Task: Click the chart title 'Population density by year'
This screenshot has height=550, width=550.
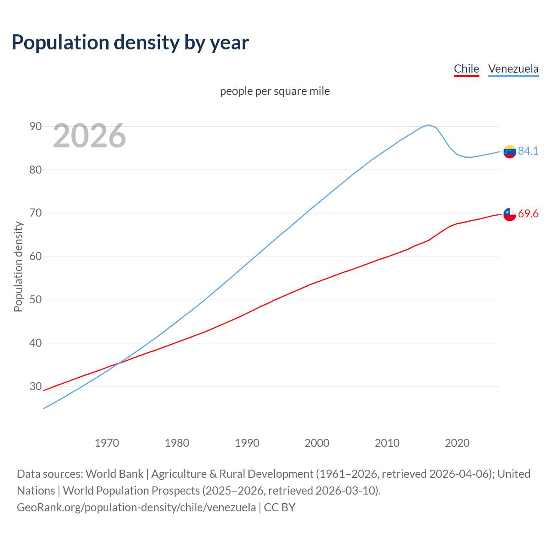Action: (130, 42)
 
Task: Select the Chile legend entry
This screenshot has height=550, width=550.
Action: (466, 69)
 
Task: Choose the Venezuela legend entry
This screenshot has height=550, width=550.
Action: (513, 69)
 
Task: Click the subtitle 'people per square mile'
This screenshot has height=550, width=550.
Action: (275, 91)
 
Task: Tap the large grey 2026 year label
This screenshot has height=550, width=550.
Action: (89, 136)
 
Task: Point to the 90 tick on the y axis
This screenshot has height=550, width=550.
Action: (36, 126)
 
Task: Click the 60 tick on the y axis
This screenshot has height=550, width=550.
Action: (36, 257)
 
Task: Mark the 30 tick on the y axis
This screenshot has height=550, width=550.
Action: (36, 386)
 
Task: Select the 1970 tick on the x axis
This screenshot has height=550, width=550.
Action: (107, 443)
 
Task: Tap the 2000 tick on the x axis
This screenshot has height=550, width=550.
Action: (317, 443)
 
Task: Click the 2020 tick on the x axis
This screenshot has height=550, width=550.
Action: (457, 443)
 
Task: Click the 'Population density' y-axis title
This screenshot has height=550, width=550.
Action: (18, 266)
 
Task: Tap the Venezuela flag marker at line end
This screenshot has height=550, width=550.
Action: (510, 152)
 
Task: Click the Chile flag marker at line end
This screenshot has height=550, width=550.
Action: (510, 214)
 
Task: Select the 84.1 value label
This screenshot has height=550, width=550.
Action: (528, 151)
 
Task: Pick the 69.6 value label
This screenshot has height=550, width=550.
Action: (528, 214)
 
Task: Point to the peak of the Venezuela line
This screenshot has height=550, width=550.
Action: (428, 125)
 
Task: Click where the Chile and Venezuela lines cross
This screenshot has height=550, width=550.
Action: (118, 364)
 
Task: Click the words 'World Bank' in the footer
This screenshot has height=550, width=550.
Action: (114, 474)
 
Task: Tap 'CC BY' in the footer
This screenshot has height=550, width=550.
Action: (280, 507)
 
